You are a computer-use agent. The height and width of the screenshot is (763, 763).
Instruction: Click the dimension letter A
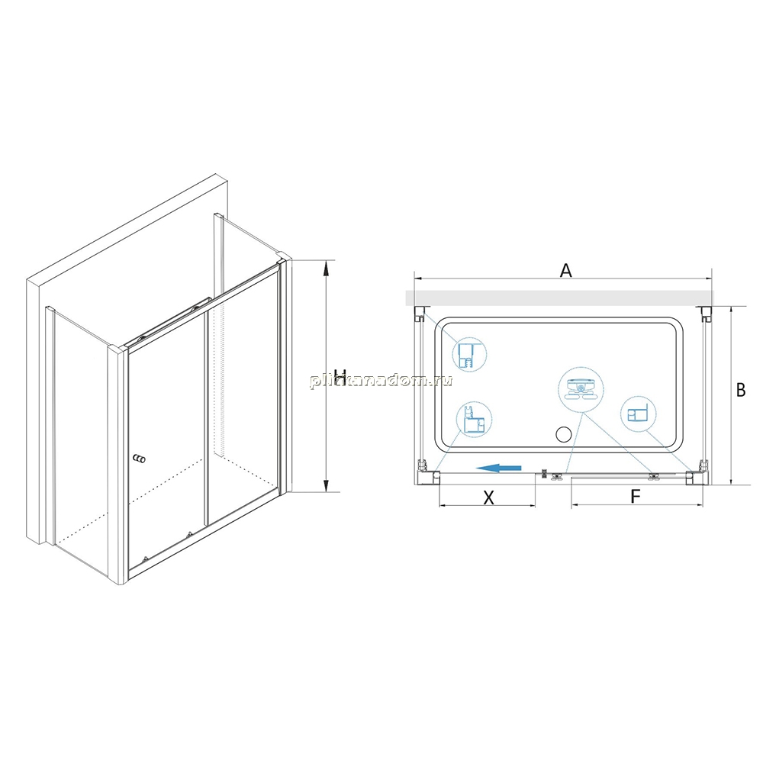(565, 270)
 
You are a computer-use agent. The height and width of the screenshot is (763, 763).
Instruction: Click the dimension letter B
(741, 390)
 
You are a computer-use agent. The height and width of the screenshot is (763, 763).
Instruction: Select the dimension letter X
(488, 497)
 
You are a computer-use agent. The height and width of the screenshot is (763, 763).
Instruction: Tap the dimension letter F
(635, 497)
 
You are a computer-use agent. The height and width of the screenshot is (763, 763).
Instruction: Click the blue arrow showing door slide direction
(498, 468)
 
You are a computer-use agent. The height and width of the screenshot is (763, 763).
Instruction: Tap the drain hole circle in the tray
(564, 433)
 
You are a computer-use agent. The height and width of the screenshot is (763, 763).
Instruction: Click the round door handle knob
(139, 459)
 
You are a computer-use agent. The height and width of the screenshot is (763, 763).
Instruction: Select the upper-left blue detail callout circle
(469, 355)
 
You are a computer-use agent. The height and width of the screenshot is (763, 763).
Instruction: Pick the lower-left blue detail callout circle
(474, 420)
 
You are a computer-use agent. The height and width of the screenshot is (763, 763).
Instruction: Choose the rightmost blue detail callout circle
(638, 414)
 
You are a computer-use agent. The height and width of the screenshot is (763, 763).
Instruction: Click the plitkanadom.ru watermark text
(381, 380)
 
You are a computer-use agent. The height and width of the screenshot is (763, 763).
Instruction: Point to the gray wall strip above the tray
(559, 298)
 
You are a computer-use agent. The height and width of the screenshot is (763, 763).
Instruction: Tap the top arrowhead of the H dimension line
(327, 266)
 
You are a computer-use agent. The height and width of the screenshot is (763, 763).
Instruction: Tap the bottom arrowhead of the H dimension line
(327, 485)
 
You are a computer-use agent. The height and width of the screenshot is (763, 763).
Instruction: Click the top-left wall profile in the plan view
(419, 314)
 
